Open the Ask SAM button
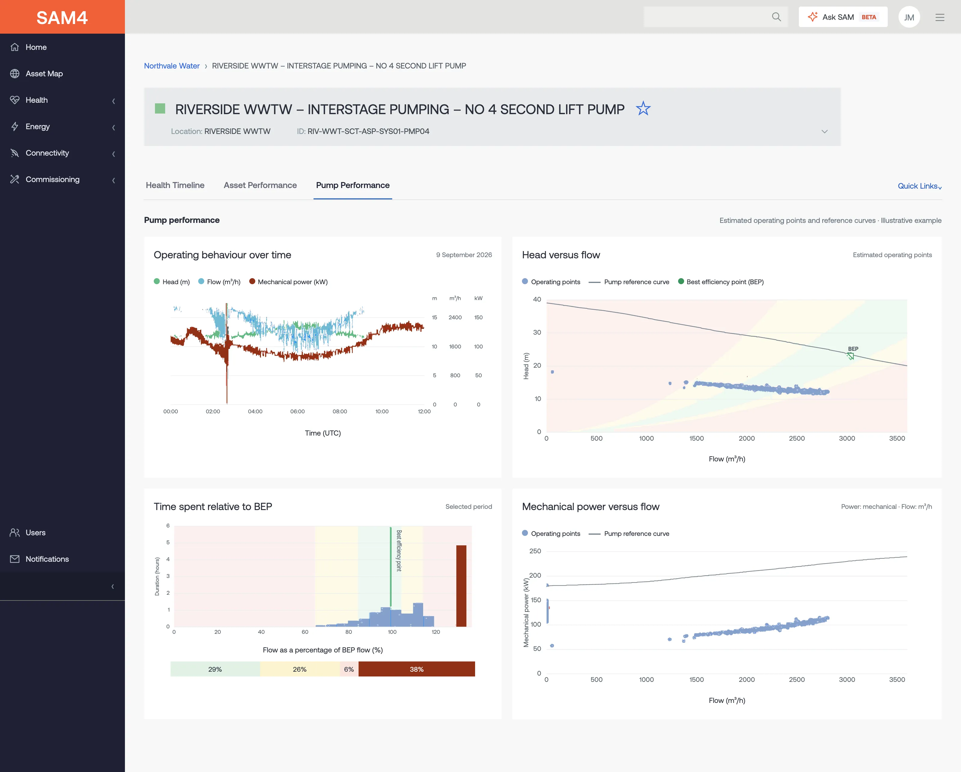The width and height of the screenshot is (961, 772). click(842, 17)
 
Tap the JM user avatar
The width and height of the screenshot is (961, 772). click(909, 17)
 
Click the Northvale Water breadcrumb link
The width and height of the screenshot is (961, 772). click(171, 66)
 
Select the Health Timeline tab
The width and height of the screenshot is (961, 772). click(175, 185)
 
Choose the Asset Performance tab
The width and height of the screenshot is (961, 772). click(260, 185)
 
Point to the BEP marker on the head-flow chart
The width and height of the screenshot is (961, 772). click(850, 356)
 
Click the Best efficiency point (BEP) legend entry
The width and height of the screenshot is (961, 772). click(721, 282)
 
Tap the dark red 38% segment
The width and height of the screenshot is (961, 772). click(417, 669)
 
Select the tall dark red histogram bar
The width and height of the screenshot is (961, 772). click(461, 586)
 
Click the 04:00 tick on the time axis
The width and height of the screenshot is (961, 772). click(255, 412)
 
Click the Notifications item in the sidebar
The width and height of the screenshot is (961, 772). click(47, 559)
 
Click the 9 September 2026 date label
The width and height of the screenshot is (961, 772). click(464, 255)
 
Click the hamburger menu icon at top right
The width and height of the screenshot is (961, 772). click(940, 17)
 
